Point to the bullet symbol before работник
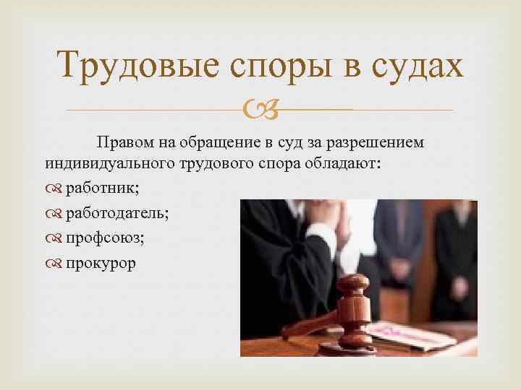click(55, 188)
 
